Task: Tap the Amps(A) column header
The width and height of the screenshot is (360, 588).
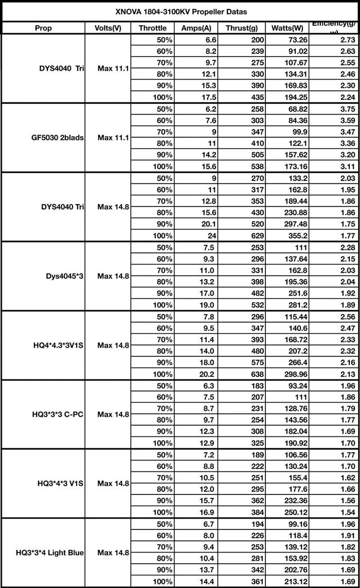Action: (x=196, y=28)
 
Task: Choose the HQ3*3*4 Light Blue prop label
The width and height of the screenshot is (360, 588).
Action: (x=50, y=553)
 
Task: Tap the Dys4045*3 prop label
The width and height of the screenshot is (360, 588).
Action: (x=65, y=276)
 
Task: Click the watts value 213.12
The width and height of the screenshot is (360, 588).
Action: (x=294, y=582)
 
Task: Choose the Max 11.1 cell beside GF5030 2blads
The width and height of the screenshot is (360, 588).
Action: (x=114, y=138)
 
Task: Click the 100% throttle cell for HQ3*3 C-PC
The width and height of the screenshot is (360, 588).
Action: (x=163, y=443)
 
